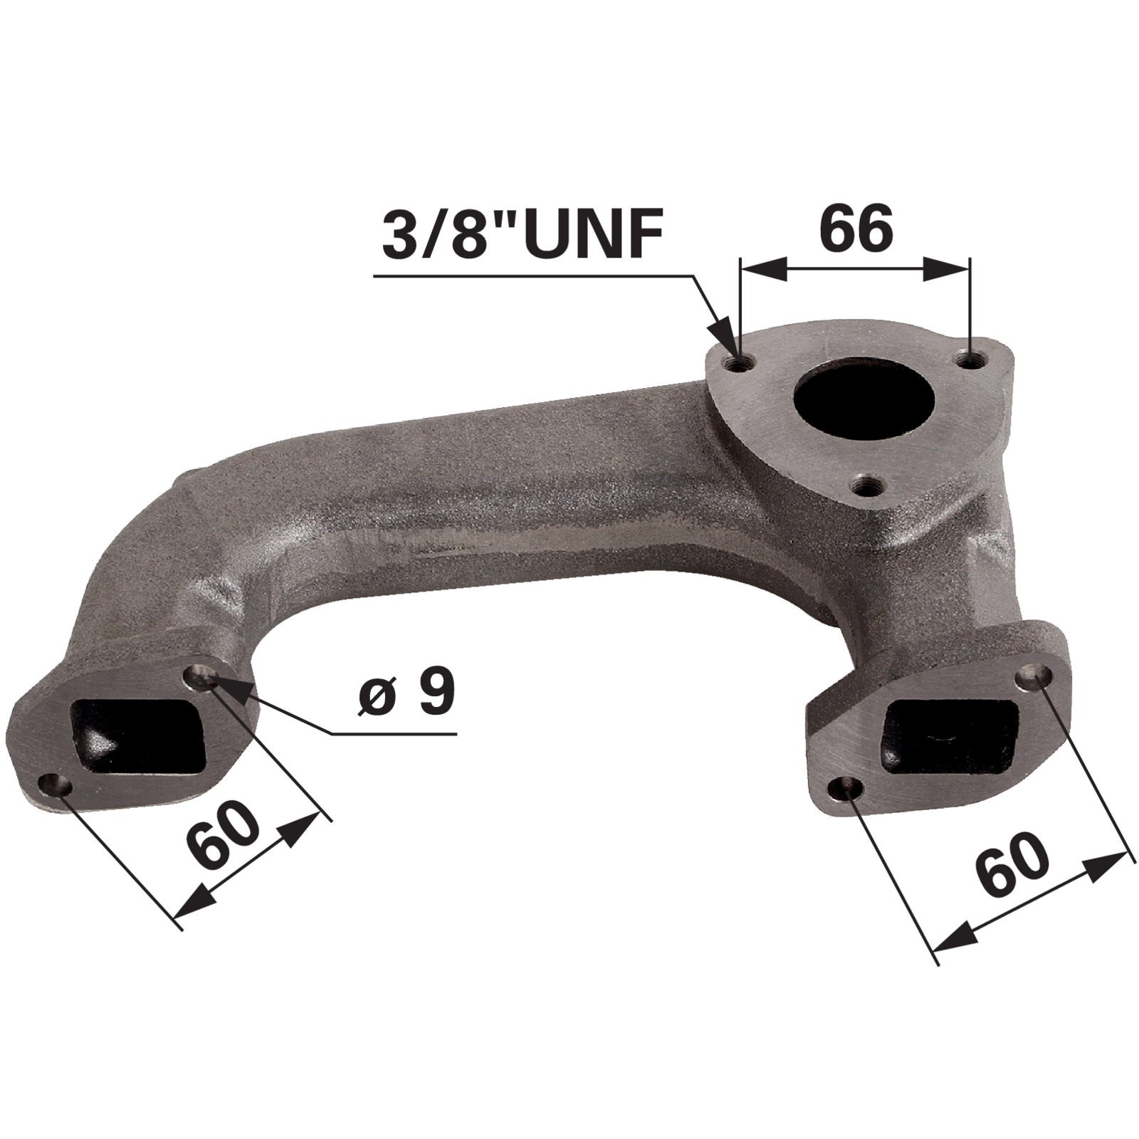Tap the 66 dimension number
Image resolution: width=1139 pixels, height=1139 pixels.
[856, 228]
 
